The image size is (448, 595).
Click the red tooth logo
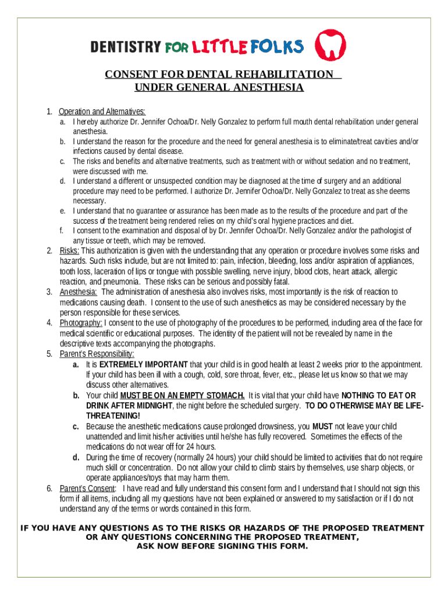click(x=330, y=45)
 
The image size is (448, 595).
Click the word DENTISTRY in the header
click(x=125, y=47)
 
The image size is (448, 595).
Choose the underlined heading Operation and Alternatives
click(x=102, y=112)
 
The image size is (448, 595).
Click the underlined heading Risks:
click(x=70, y=251)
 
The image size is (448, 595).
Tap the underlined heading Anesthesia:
click(x=79, y=292)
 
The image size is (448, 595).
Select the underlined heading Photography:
click(x=81, y=323)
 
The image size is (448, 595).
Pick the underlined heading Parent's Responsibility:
click(x=97, y=354)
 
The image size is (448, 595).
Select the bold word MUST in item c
click(x=322, y=426)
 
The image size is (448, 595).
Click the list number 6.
click(x=49, y=488)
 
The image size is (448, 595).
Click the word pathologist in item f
click(x=386, y=231)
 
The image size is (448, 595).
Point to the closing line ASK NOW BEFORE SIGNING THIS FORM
click(x=222, y=546)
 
